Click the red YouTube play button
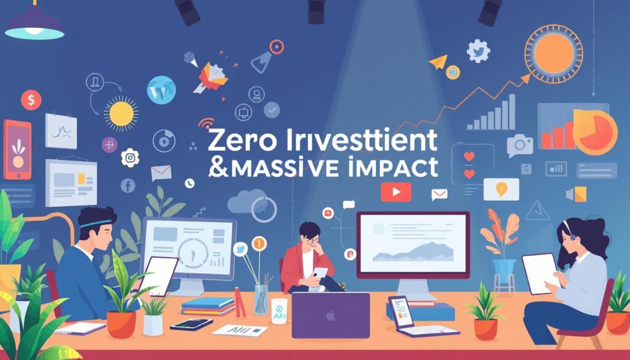tap(395, 193)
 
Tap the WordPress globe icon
tap(161, 89)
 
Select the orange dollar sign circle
tap(31, 99)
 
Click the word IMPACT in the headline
tap(394, 167)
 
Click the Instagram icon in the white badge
tap(130, 158)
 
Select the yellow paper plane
tap(438, 61)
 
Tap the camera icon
tap(520, 145)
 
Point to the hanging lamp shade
tap(34, 26)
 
